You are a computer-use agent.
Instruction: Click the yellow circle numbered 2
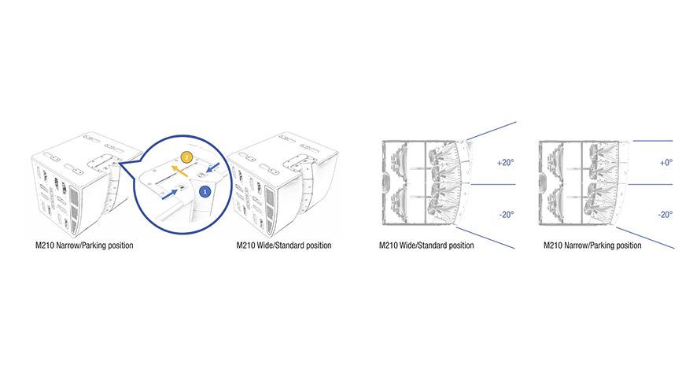(187, 157)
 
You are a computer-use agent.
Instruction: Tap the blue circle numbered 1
(205, 192)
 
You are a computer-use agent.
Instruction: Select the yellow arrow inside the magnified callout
(179, 171)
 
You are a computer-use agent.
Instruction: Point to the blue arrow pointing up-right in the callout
(170, 194)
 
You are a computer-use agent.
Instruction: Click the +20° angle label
(506, 163)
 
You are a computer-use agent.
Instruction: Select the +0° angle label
(666, 163)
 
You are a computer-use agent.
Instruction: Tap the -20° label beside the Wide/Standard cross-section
(507, 215)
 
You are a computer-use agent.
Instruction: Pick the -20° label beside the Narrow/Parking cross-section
(665, 215)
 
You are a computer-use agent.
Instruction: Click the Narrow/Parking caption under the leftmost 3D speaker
(84, 245)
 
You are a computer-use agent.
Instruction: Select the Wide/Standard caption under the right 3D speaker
(284, 245)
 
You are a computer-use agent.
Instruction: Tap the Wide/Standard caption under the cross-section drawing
(426, 245)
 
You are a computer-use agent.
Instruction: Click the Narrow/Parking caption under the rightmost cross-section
(592, 245)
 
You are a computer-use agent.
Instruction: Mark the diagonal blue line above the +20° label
(492, 131)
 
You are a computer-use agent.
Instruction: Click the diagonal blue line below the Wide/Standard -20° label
(485, 238)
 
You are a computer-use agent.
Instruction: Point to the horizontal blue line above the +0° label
(653, 141)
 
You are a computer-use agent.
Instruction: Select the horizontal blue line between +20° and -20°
(493, 184)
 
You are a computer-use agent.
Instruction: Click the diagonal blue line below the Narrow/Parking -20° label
(645, 238)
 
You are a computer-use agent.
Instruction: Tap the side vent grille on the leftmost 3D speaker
(74, 209)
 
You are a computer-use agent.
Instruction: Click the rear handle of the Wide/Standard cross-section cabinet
(386, 182)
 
